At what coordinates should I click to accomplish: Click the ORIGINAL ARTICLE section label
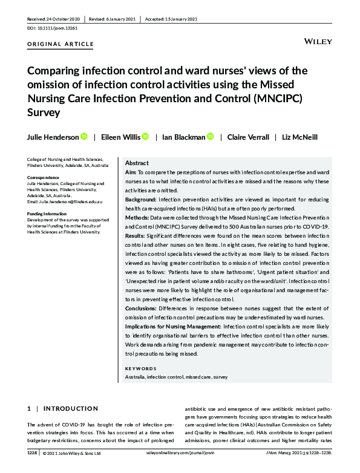[61, 44]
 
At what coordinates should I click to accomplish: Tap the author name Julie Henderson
[53, 137]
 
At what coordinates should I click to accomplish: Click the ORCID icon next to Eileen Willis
[145, 137]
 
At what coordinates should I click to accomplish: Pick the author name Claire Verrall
[248, 137]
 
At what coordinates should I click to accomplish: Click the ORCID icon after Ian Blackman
[210, 137]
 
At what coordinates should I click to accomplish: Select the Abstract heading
[137, 163]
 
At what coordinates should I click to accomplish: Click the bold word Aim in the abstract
[131, 173]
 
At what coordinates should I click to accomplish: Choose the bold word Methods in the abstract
[137, 217]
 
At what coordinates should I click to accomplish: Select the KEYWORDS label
[140, 368]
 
